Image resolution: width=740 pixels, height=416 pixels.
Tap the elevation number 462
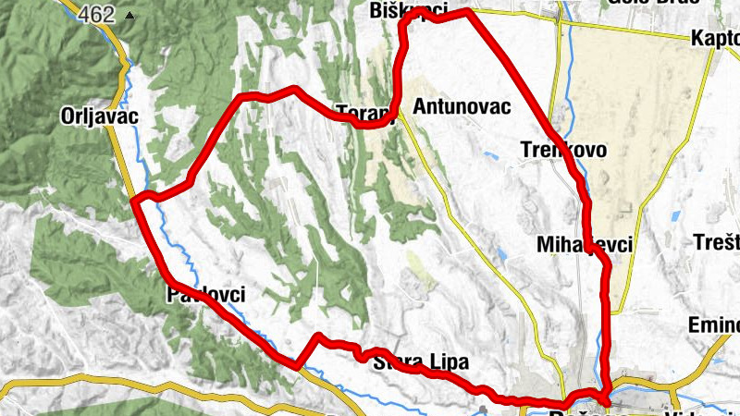(95, 15)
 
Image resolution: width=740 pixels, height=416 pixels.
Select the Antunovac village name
(462, 106)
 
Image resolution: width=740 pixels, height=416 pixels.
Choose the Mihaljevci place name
(585, 245)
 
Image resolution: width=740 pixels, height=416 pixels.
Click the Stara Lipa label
(421, 361)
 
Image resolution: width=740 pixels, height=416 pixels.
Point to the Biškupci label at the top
(408, 11)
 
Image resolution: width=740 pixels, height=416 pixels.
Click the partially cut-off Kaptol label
(715, 40)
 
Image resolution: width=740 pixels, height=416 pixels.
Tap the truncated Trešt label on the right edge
(716, 243)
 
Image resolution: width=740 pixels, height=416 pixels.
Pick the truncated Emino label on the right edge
(714, 325)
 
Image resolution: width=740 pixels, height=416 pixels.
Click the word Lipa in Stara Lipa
(448, 361)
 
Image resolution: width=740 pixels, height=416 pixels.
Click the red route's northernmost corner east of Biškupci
(468, 12)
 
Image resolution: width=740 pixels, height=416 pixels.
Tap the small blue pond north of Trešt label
(676, 215)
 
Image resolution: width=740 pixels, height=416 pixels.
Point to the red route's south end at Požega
(604, 400)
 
